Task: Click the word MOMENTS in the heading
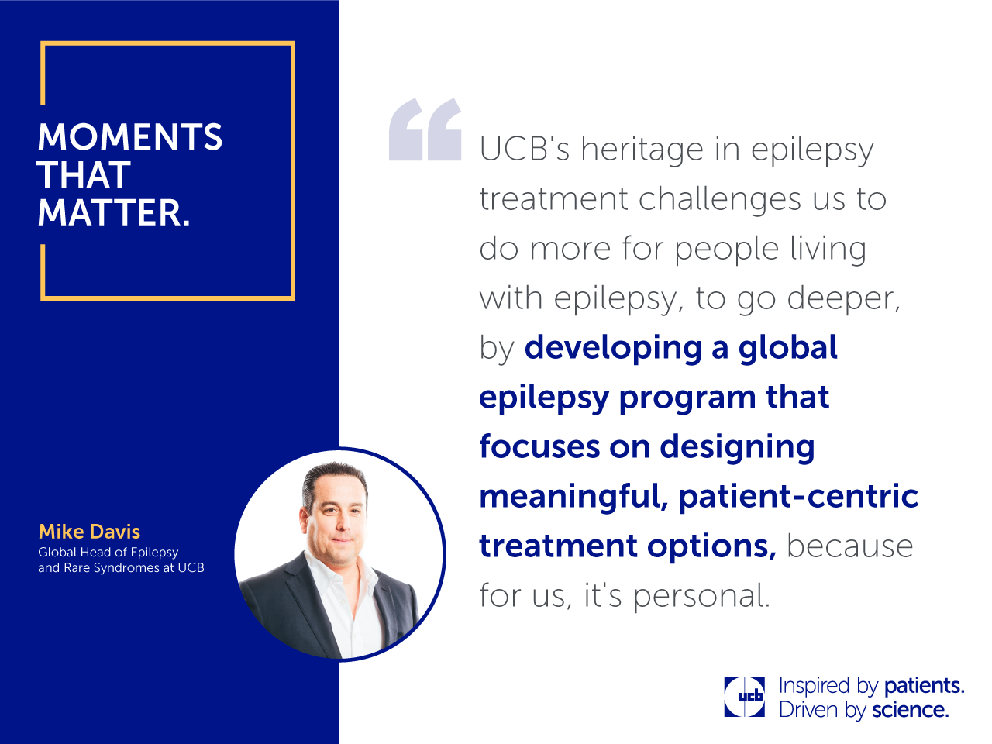point(130,136)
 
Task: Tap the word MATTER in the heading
point(110,212)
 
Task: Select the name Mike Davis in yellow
point(89,532)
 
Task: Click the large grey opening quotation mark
point(425,129)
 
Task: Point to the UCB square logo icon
point(744,696)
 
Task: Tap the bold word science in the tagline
point(909,710)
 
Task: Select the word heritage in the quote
point(642,150)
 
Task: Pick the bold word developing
point(613,349)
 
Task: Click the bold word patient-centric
point(798,497)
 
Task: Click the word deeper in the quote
point(843,298)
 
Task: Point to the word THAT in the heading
point(84,174)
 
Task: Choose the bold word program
point(687,398)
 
